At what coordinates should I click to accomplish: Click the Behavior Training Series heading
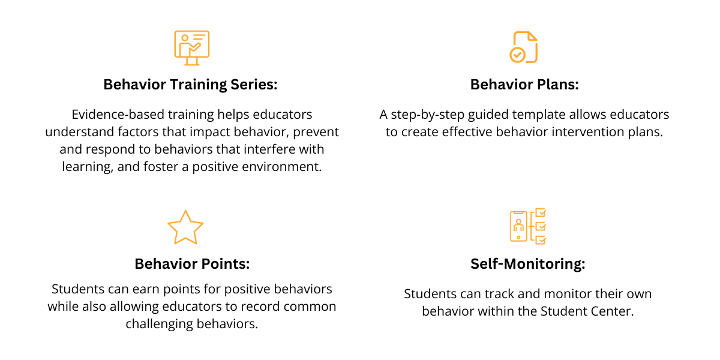point(190,85)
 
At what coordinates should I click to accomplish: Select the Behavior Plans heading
point(524,85)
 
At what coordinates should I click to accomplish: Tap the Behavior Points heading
point(192,264)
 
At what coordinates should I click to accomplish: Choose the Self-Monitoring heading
point(527,264)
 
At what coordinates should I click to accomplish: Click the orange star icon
point(185,227)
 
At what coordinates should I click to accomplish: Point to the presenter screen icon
point(191,47)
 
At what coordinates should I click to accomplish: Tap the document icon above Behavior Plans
point(523,47)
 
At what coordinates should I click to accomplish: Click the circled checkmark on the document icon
point(517,55)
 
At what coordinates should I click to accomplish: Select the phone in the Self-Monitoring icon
point(518,226)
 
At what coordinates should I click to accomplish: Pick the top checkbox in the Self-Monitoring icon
point(541,212)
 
